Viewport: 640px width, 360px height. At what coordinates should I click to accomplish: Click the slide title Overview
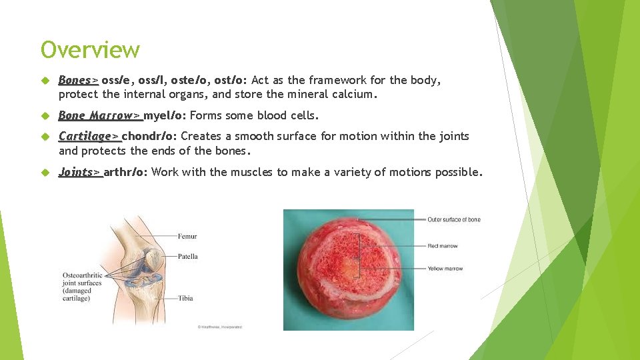pos(90,50)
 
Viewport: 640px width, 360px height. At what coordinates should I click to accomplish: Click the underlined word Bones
pos(75,81)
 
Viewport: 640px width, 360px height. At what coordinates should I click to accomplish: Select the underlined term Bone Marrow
pos(96,116)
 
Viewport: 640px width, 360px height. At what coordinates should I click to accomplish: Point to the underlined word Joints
pos(76,173)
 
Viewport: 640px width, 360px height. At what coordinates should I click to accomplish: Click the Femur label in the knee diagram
pos(187,236)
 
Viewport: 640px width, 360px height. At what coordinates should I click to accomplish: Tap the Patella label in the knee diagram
pos(188,257)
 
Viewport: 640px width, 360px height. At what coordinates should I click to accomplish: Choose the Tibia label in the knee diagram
pos(185,298)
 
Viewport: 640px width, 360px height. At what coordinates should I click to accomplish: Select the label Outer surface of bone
pos(453,220)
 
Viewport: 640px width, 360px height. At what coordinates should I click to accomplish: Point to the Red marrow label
pos(443,246)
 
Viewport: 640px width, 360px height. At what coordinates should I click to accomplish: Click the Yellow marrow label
pos(445,269)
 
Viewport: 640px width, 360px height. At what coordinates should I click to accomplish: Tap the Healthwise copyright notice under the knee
pos(219,327)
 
